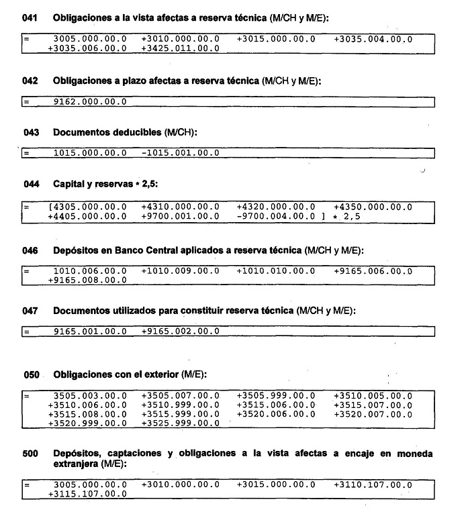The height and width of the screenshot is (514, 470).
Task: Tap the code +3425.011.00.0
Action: tap(181, 48)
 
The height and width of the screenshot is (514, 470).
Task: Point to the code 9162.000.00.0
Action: tap(90, 102)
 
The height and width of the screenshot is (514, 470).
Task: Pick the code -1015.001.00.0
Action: tap(181, 154)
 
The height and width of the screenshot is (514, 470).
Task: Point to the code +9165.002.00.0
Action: tap(181, 331)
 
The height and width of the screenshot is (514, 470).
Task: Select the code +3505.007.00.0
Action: tap(181, 397)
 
